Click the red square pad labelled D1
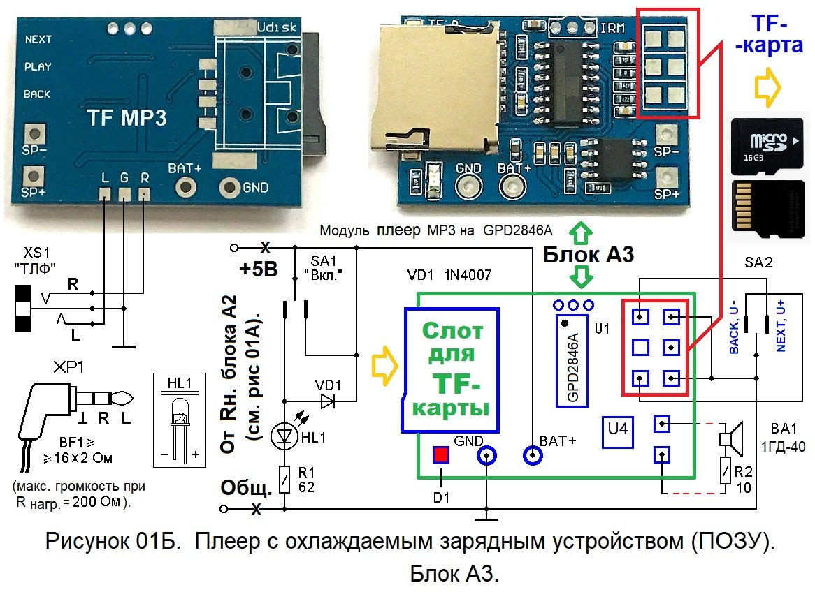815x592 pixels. click(x=440, y=455)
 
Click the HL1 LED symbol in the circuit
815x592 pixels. click(x=284, y=436)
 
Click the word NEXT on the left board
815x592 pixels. click(x=38, y=40)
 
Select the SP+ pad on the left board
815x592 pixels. click(x=32, y=174)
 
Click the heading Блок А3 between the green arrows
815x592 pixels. click(x=589, y=255)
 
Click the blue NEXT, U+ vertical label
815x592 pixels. click(x=780, y=326)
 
